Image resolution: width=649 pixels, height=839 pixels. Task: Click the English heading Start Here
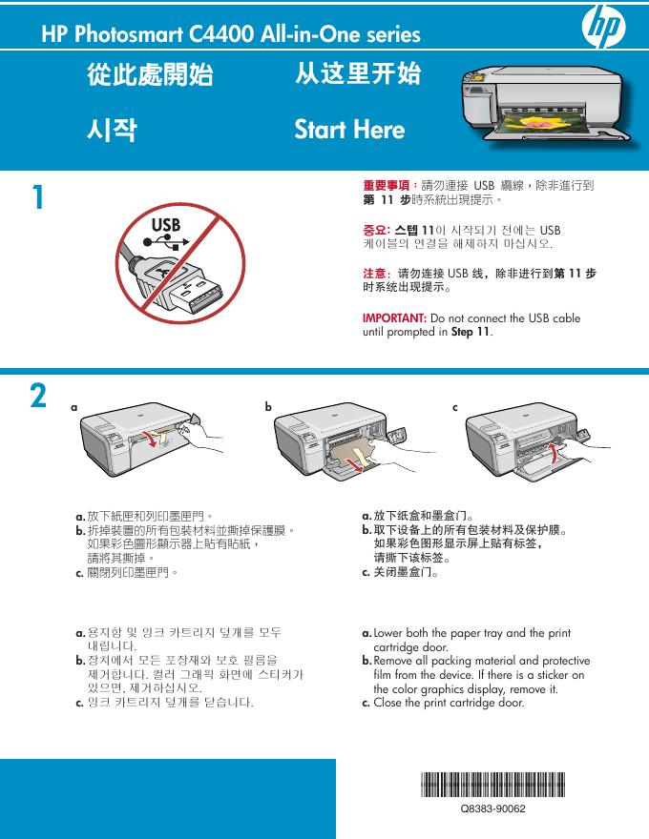click(x=349, y=130)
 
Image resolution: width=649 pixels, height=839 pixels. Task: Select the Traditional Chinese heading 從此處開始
click(x=150, y=75)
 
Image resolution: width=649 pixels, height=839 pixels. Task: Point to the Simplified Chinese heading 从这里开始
click(x=358, y=74)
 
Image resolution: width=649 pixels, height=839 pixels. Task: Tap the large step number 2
click(x=38, y=396)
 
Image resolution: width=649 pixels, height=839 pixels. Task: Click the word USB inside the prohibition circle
click(x=164, y=225)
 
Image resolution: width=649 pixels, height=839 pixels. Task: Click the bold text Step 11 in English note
click(x=471, y=332)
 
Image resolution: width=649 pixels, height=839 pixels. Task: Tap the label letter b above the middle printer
click(x=268, y=406)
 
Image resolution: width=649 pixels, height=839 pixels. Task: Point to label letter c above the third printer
click(x=455, y=406)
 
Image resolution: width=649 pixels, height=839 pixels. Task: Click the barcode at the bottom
click(x=492, y=788)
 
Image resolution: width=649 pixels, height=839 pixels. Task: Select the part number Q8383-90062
click(x=493, y=808)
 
